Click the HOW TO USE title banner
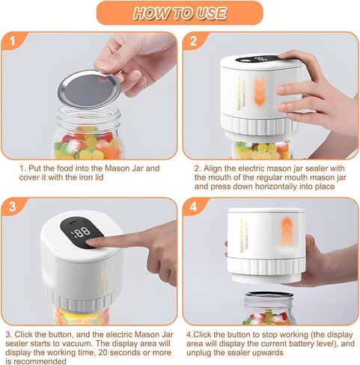(180, 13)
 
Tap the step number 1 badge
(13, 40)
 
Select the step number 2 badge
(193, 40)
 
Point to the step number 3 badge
(13, 206)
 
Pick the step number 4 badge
(193, 206)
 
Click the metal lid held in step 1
(89, 89)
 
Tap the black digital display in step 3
(82, 233)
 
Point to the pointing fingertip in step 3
(91, 242)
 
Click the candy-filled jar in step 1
(88, 133)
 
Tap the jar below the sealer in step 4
(269, 308)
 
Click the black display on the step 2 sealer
(257, 59)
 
